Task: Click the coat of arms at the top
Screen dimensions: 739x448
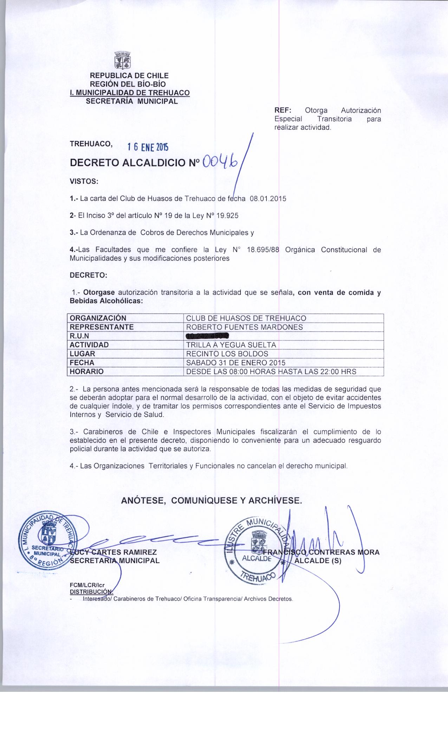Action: [x=123, y=61]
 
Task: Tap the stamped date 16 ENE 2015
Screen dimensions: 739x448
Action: [x=148, y=147]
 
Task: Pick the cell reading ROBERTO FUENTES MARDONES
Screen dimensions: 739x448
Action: [x=244, y=327]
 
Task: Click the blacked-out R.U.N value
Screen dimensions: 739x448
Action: [x=208, y=336]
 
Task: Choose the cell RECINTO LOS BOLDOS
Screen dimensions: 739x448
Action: [x=227, y=354]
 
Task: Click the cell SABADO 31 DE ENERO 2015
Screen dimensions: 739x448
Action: [x=235, y=362]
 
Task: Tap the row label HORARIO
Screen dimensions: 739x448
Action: [x=86, y=372]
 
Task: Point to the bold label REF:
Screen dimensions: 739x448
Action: [x=281, y=110]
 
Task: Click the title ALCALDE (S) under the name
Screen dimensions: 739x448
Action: [x=318, y=561]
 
